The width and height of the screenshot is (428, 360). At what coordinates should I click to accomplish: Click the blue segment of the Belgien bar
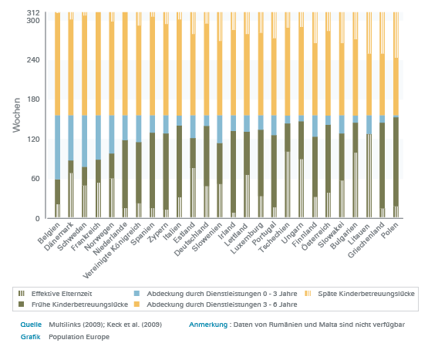point(57,147)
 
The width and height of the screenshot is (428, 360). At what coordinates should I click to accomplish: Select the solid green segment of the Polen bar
point(396,162)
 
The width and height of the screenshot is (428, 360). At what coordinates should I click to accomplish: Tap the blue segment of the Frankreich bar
point(98,137)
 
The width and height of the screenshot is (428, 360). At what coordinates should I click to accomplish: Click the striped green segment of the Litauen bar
point(369,176)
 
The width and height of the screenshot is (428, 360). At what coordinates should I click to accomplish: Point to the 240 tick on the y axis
point(33,60)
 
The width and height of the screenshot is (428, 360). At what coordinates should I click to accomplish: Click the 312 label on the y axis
point(33,13)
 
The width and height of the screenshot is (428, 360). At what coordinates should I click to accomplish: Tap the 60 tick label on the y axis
point(35,179)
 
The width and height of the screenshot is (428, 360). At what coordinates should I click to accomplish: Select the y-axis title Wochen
point(17,115)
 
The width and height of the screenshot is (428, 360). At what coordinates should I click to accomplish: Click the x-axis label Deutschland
point(192,239)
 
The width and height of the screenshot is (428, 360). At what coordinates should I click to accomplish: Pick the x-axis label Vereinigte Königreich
point(112,251)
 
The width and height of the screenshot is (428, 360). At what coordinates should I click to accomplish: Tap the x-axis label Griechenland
point(366,241)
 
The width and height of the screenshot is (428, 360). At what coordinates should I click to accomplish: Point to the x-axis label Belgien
point(49,233)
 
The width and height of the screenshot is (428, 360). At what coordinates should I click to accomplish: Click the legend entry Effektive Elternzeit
point(62,294)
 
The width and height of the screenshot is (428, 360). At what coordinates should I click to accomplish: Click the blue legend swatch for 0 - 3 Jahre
point(136,294)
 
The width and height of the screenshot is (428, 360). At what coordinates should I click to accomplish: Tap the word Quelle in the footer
point(31,325)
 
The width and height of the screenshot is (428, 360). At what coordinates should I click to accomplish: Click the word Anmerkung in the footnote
point(208,325)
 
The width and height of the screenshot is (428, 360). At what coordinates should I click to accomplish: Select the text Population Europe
point(79,337)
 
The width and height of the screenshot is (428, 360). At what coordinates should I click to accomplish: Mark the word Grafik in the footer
point(30,337)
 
